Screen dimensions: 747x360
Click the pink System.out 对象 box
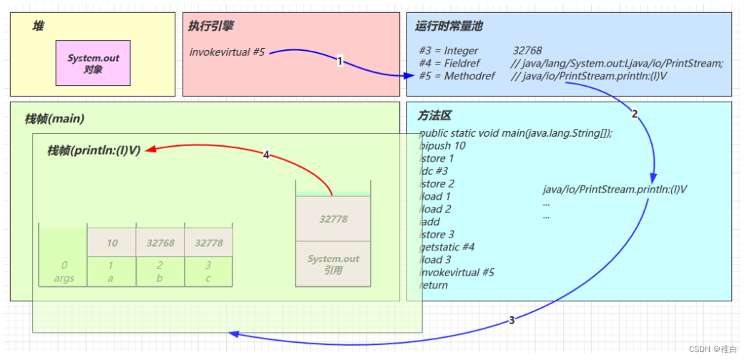pyautogui.click(x=94, y=63)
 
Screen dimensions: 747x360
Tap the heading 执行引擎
pyautogui.click(x=211, y=26)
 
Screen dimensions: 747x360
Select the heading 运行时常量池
pyautogui.click(x=449, y=26)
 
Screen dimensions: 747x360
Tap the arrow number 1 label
pyautogui.click(x=340, y=62)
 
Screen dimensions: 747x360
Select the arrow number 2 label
pyautogui.click(x=634, y=113)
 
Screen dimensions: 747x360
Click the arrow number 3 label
pyautogui.click(x=512, y=320)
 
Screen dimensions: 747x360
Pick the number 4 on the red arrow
pyautogui.click(x=266, y=155)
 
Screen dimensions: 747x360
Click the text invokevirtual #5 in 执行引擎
pyautogui.click(x=228, y=52)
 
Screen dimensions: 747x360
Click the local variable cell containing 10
pyautogui.click(x=112, y=243)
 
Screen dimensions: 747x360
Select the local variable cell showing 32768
pyautogui.click(x=160, y=243)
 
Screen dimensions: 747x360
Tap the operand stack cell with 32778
pyautogui.click(x=333, y=219)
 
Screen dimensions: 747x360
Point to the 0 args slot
pyautogui.click(x=64, y=271)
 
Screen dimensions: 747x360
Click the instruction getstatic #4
pyautogui.click(x=447, y=247)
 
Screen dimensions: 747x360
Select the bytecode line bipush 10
pyautogui.click(x=442, y=146)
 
